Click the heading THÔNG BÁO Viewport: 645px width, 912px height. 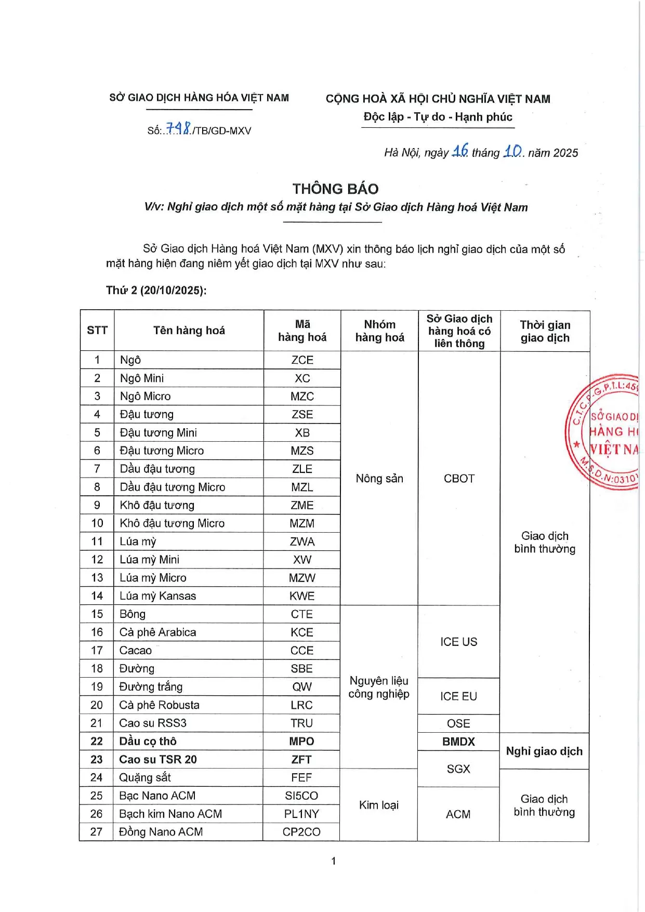[335, 189]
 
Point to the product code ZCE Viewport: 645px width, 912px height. [302, 360]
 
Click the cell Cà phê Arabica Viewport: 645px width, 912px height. [157, 632]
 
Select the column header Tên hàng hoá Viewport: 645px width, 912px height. [189, 331]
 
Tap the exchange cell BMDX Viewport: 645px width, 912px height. [458, 742]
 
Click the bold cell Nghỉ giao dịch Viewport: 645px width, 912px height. [544, 751]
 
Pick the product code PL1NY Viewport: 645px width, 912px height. [301, 814]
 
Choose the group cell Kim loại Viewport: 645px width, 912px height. [378, 805]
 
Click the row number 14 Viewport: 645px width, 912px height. [97, 596]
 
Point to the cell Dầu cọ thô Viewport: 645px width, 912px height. [148, 742]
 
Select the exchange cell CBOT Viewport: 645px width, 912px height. [459, 479]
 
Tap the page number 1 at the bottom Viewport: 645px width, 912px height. [333, 861]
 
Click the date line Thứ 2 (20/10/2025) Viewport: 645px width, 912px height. [156, 290]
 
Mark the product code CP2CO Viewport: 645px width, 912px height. [301, 832]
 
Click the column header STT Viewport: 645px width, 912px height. [97, 331]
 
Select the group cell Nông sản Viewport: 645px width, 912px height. [379, 479]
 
